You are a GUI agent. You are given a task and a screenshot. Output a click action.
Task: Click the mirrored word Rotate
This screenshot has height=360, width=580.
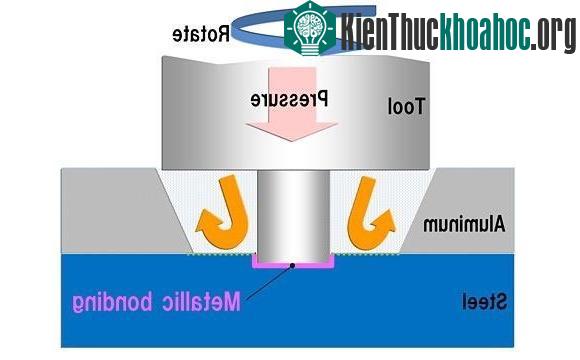click(x=201, y=34)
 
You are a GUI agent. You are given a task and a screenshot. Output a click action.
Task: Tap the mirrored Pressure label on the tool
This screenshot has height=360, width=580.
click(x=289, y=99)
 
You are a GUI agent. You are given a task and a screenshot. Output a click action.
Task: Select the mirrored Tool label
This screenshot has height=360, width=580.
click(x=406, y=107)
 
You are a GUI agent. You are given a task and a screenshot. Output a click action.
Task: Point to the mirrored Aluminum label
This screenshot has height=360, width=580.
click(x=464, y=224)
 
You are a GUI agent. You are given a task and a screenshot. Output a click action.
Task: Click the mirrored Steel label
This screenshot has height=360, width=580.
click(x=484, y=302)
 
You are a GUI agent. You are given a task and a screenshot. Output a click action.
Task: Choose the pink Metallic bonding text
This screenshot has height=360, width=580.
click(x=156, y=302)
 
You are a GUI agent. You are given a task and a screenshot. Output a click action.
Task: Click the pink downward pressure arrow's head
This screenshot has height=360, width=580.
click(x=292, y=131)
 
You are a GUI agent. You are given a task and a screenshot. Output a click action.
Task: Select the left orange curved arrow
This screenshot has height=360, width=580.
click(x=223, y=212)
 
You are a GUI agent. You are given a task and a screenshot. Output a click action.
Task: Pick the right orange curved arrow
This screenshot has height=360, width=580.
click(x=370, y=212)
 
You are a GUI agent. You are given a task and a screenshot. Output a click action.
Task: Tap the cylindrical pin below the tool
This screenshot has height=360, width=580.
click(x=293, y=216)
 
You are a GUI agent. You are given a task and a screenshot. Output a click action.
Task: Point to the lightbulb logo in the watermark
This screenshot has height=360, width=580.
click(x=310, y=28)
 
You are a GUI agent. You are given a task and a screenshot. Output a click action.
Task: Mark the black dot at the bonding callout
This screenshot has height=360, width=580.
click(x=292, y=265)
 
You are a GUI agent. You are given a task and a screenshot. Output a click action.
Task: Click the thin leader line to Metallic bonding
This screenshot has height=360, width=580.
click(x=269, y=282)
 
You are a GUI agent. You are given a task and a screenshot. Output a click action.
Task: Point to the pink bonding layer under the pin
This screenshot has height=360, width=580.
click(x=293, y=265)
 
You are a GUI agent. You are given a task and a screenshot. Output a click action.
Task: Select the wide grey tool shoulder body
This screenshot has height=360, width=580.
click(x=296, y=113)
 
